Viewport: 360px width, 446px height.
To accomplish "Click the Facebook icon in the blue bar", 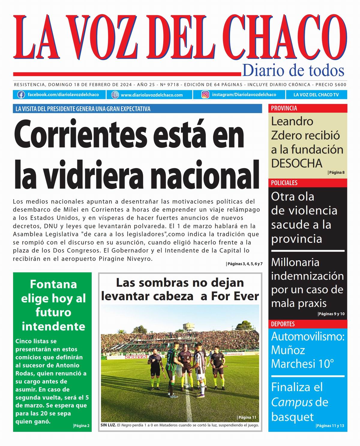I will click(21, 95).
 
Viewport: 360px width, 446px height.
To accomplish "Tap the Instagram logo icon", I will click(205, 95).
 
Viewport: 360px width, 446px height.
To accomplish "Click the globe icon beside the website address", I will click(115, 95).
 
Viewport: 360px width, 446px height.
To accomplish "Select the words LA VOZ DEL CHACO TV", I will click(316, 95).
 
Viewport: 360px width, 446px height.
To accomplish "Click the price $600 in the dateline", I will click(340, 85).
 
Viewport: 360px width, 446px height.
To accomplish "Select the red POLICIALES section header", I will click(284, 183).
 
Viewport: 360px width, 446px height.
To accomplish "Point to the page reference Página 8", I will click(337, 172).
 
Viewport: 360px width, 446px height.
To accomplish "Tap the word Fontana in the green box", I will click(53, 284).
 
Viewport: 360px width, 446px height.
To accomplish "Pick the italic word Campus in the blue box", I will click(292, 402).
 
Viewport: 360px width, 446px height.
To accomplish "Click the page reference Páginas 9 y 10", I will click(331, 314).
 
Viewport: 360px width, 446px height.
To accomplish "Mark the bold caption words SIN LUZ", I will click(108, 425).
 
